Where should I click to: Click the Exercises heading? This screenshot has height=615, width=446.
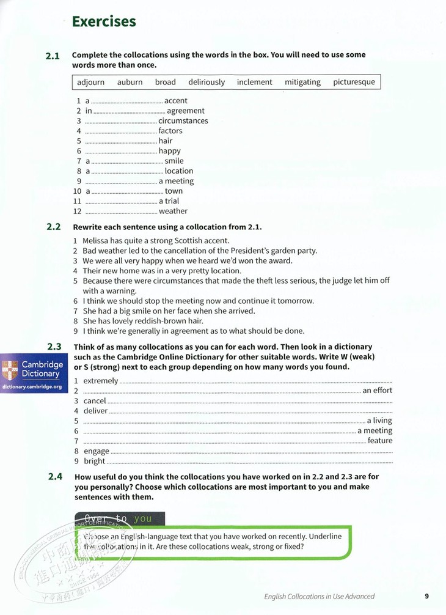104,22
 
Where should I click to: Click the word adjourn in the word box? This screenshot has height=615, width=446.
91,82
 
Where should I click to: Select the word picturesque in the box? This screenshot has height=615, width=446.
354,82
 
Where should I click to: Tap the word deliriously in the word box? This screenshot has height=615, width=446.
207,82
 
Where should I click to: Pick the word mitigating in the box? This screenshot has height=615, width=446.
302,82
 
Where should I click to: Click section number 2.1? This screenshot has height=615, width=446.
53,56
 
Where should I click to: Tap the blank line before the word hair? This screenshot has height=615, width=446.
121,141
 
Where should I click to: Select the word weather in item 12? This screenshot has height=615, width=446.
173,212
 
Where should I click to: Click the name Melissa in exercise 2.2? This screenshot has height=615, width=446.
98,241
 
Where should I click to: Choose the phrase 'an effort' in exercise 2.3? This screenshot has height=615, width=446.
378,391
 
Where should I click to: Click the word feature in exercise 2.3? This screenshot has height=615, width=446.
380,441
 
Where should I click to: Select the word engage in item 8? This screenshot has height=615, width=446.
96,451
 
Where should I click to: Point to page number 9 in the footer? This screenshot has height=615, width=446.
427,596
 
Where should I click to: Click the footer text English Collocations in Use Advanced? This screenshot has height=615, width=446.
319,596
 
